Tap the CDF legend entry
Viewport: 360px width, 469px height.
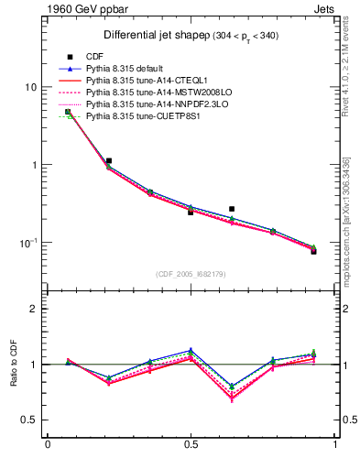(x=93, y=57)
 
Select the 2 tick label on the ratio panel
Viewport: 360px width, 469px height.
(x=34, y=309)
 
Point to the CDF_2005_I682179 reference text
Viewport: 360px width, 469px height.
(x=190, y=273)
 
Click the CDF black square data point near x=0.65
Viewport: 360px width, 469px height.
(x=232, y=209)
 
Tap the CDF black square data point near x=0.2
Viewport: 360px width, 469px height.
(x=109, y=160)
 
